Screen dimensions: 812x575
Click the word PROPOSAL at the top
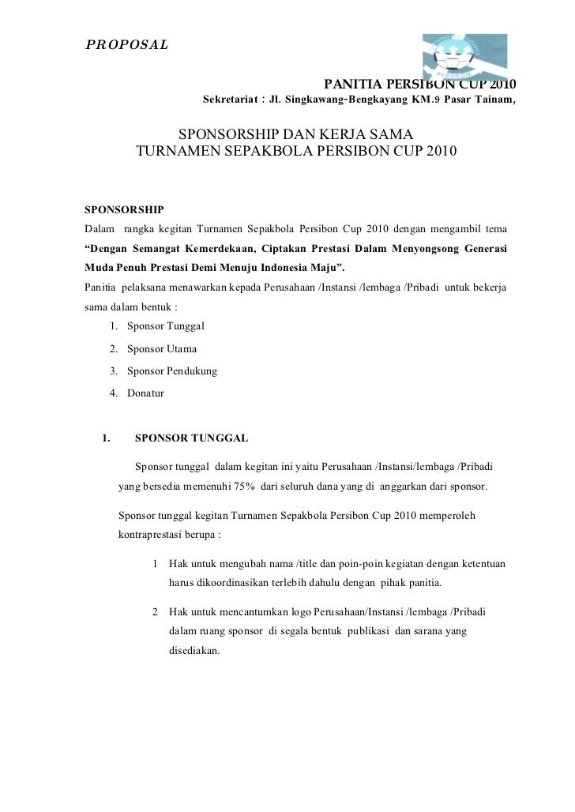[126, 44]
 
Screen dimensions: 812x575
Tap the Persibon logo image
[464, 56]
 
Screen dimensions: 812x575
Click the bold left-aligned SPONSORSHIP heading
[124, 209]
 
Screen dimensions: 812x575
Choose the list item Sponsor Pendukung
[171, 370]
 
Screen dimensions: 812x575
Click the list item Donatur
[145, 393]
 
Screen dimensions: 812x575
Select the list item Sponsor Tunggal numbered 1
[165, 326]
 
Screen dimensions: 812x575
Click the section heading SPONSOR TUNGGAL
[192, 437]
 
